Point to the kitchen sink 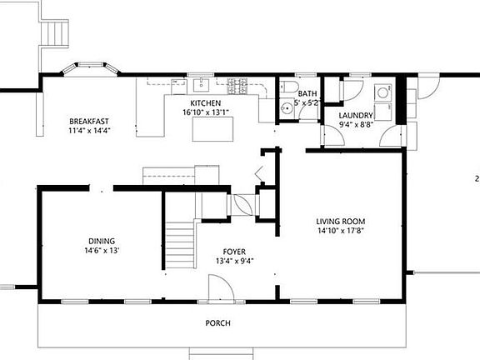coord(200,85)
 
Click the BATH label coord(307,94)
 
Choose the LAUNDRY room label coord(356,115)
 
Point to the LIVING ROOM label coord(340,222)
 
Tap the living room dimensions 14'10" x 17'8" coord(340,232)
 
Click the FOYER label coord(234,252)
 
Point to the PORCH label coord(218,323)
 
